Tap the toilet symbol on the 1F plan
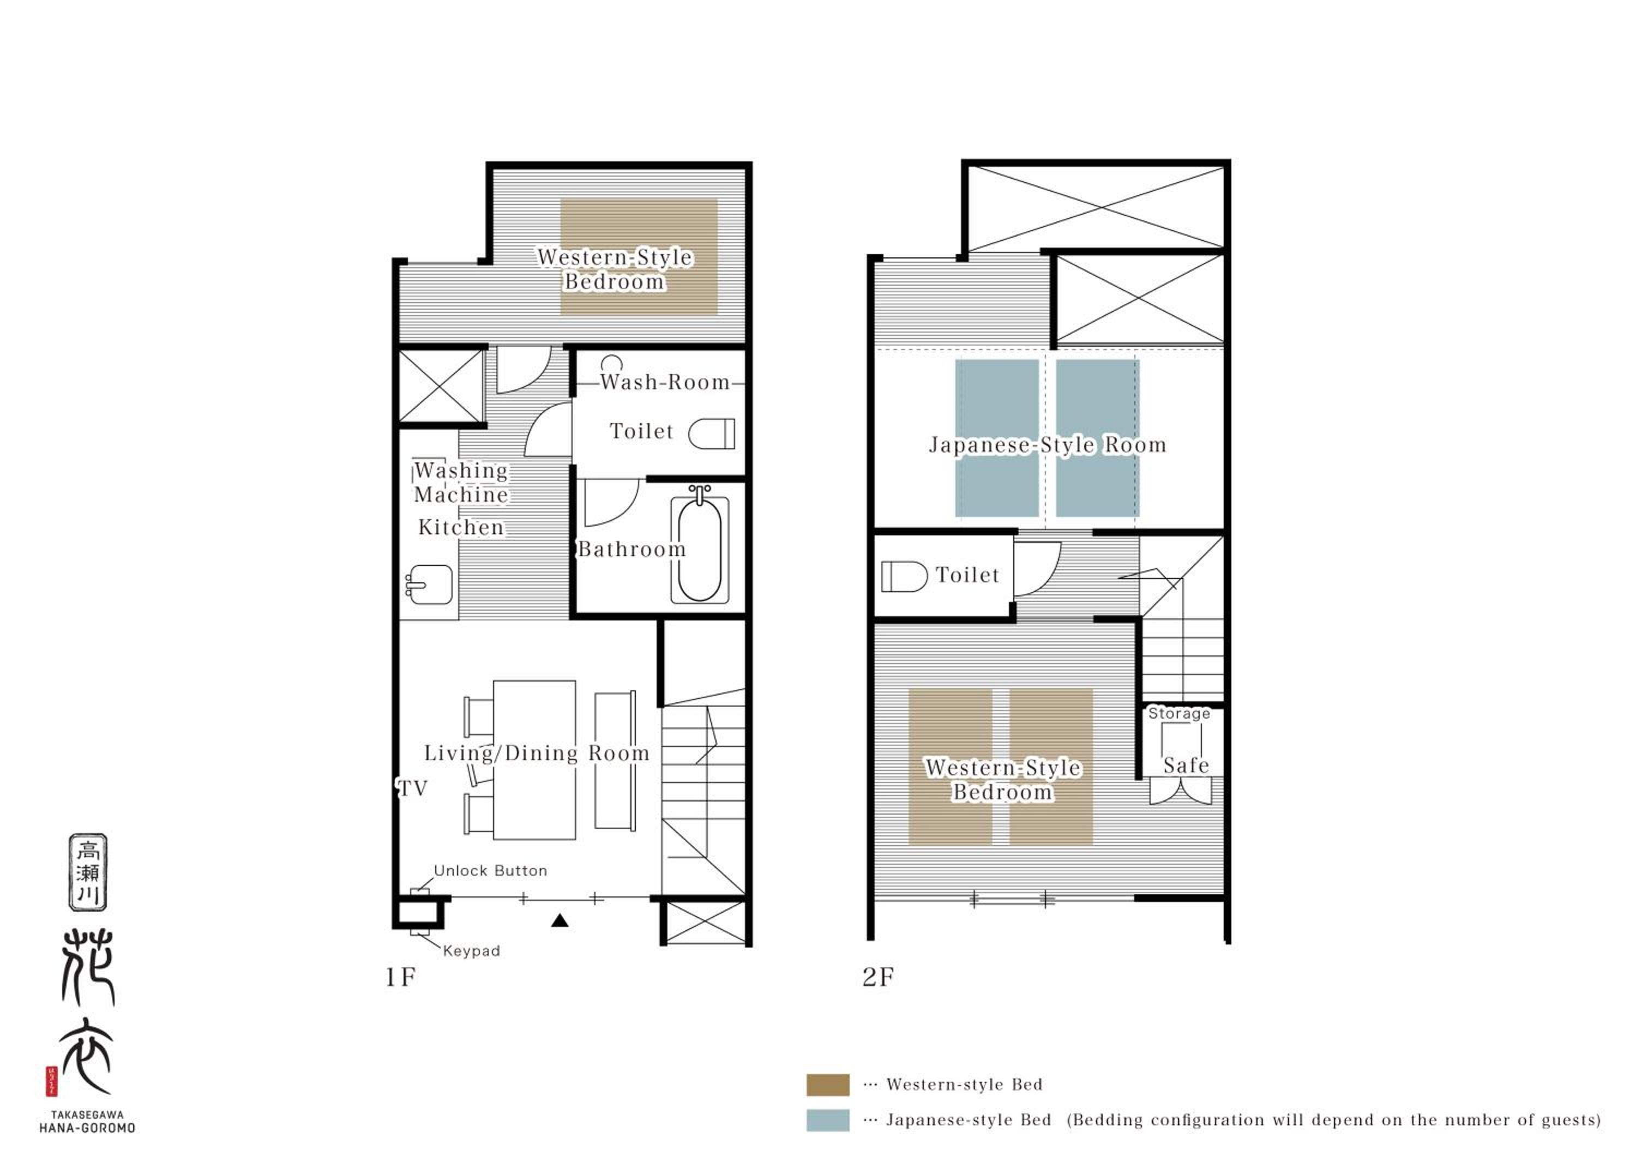pyautogui.click(x=711, y=433)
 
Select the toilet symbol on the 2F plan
pyautogui.click(x=904, y=576)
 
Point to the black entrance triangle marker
pyautogui.click(x=560, y=920)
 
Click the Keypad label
pyautogui.click(x=472, y=950)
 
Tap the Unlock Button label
pyautogui.click(x=491, y=871)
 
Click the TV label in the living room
pyautogui.click(x=413, y=788)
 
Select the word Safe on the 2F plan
pyautogui.click(x=1187, y=765)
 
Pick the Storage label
pyautogui.click(x=1179, y=713)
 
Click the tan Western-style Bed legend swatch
pyautogui.click(x=828, y=1085)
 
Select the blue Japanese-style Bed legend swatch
pyautogui.click(x=828, y=1120)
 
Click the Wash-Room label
pyautogui.click(x=665, y=383)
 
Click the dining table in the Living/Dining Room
pyautogui.click(x=534, y=760)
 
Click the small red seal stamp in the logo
pyautogui.click(x=51, y=1081)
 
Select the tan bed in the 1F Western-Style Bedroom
pyautogui.click(x=639, y=256)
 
